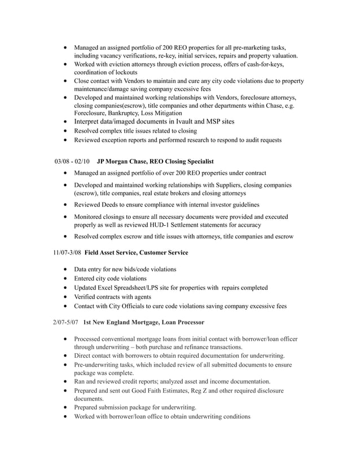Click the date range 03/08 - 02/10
[x=72, y=162]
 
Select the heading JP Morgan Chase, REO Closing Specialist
[x=155, y=162]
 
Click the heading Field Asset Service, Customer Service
[x=137, y=252]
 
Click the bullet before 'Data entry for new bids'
[x=68, y=270]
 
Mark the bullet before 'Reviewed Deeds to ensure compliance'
[x=68, y=204]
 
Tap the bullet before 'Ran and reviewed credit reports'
[x=68, y=381]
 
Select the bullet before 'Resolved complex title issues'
[x=68, y=130]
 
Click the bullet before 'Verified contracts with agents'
[x=68, y=297]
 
